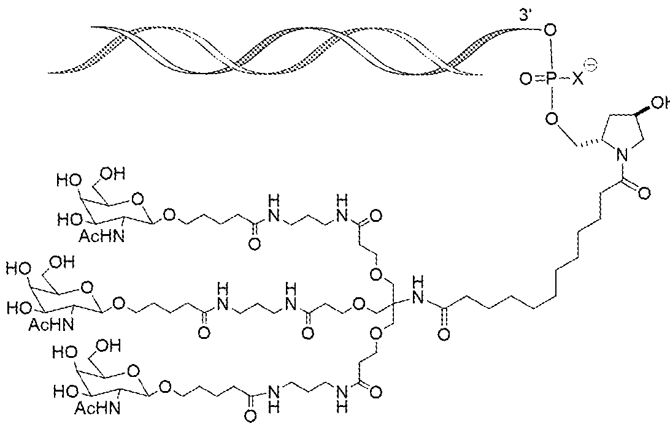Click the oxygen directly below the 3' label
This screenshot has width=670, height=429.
pos(549,29)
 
